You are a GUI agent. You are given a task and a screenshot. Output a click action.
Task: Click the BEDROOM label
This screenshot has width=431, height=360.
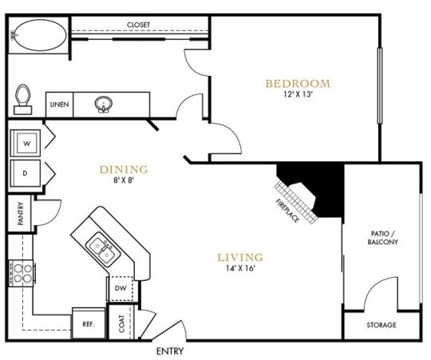point(297,83)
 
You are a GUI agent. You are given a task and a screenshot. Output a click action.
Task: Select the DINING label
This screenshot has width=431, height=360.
point(124,169)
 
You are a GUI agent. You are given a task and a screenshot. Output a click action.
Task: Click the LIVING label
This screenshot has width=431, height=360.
point(240,257)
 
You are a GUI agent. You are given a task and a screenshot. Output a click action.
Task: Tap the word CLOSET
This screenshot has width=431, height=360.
point(139,26)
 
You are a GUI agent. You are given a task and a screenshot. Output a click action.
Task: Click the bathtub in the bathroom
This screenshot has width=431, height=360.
point(38,36)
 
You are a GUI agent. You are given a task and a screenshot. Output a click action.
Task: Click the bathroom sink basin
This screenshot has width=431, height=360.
point(104,104)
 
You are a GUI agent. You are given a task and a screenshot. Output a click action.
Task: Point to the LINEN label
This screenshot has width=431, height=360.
point(58,105)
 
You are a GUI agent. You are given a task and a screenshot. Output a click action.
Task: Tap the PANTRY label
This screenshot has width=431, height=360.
point(20,212)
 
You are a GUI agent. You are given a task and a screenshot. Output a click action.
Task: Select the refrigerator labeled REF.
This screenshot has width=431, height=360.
point(88,323)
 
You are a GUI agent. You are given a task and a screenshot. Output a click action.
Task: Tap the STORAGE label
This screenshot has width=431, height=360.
point(381,325)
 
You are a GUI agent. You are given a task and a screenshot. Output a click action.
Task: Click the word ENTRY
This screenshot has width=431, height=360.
point(170,350)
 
